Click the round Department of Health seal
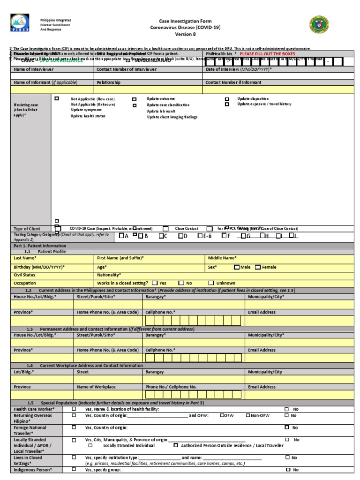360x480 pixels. [x=319, y=25]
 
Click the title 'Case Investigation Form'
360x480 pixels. [x=185, y=21]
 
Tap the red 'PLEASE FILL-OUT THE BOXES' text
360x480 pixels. [x=267, y=54]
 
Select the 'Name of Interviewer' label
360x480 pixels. [x=34, y=69]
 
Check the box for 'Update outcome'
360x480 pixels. [x=135, y=99]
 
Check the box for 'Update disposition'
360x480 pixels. [x=227, y=99]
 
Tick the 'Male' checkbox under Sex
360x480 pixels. [x=237, y=267]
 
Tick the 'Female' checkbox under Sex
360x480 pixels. [x=258, y=267]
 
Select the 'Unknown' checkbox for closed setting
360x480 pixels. [x=211, y=283]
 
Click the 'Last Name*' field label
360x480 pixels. [x=25, y=258]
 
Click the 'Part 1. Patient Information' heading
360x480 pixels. [x=40, y=246]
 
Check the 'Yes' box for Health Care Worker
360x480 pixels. [x=74, y=409]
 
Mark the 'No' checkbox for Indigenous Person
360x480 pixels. [x=288, y=469]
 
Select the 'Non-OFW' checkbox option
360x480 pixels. [x=248, y=415]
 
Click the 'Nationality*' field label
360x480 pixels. [x=109, y=275]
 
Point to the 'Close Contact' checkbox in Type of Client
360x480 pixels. [x=166, y=228]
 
